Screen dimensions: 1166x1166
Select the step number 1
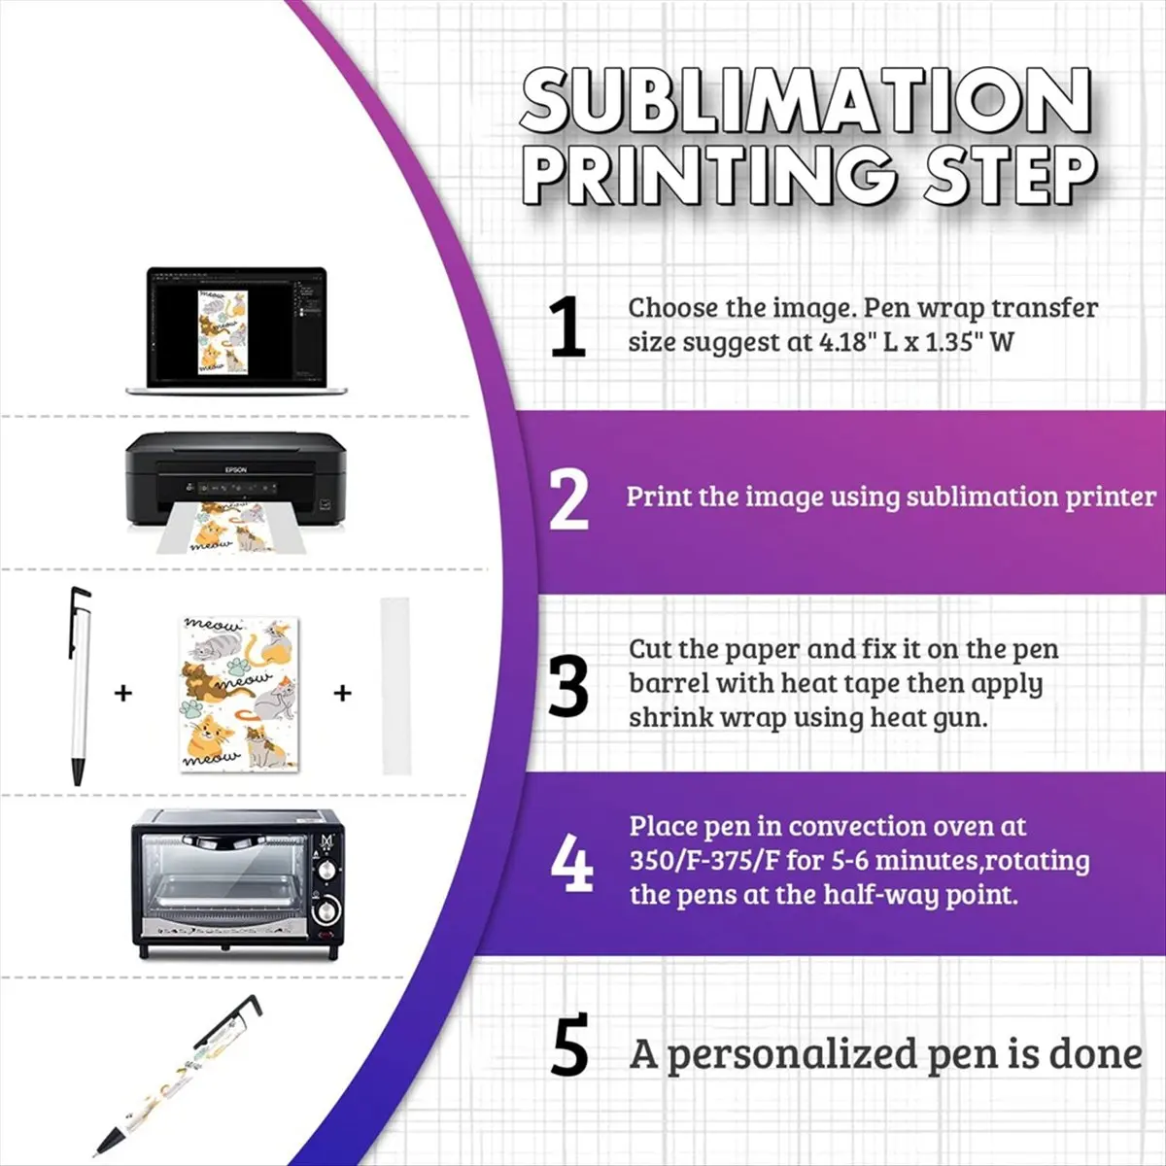(567, 328)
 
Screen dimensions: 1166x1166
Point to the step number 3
(568, 686)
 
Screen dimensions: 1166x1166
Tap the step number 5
(569, 1046)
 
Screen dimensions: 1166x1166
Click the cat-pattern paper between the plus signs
(232, 690)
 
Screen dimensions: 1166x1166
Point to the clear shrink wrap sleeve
(391, 686)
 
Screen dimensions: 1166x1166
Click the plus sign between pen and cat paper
(123, 694)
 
